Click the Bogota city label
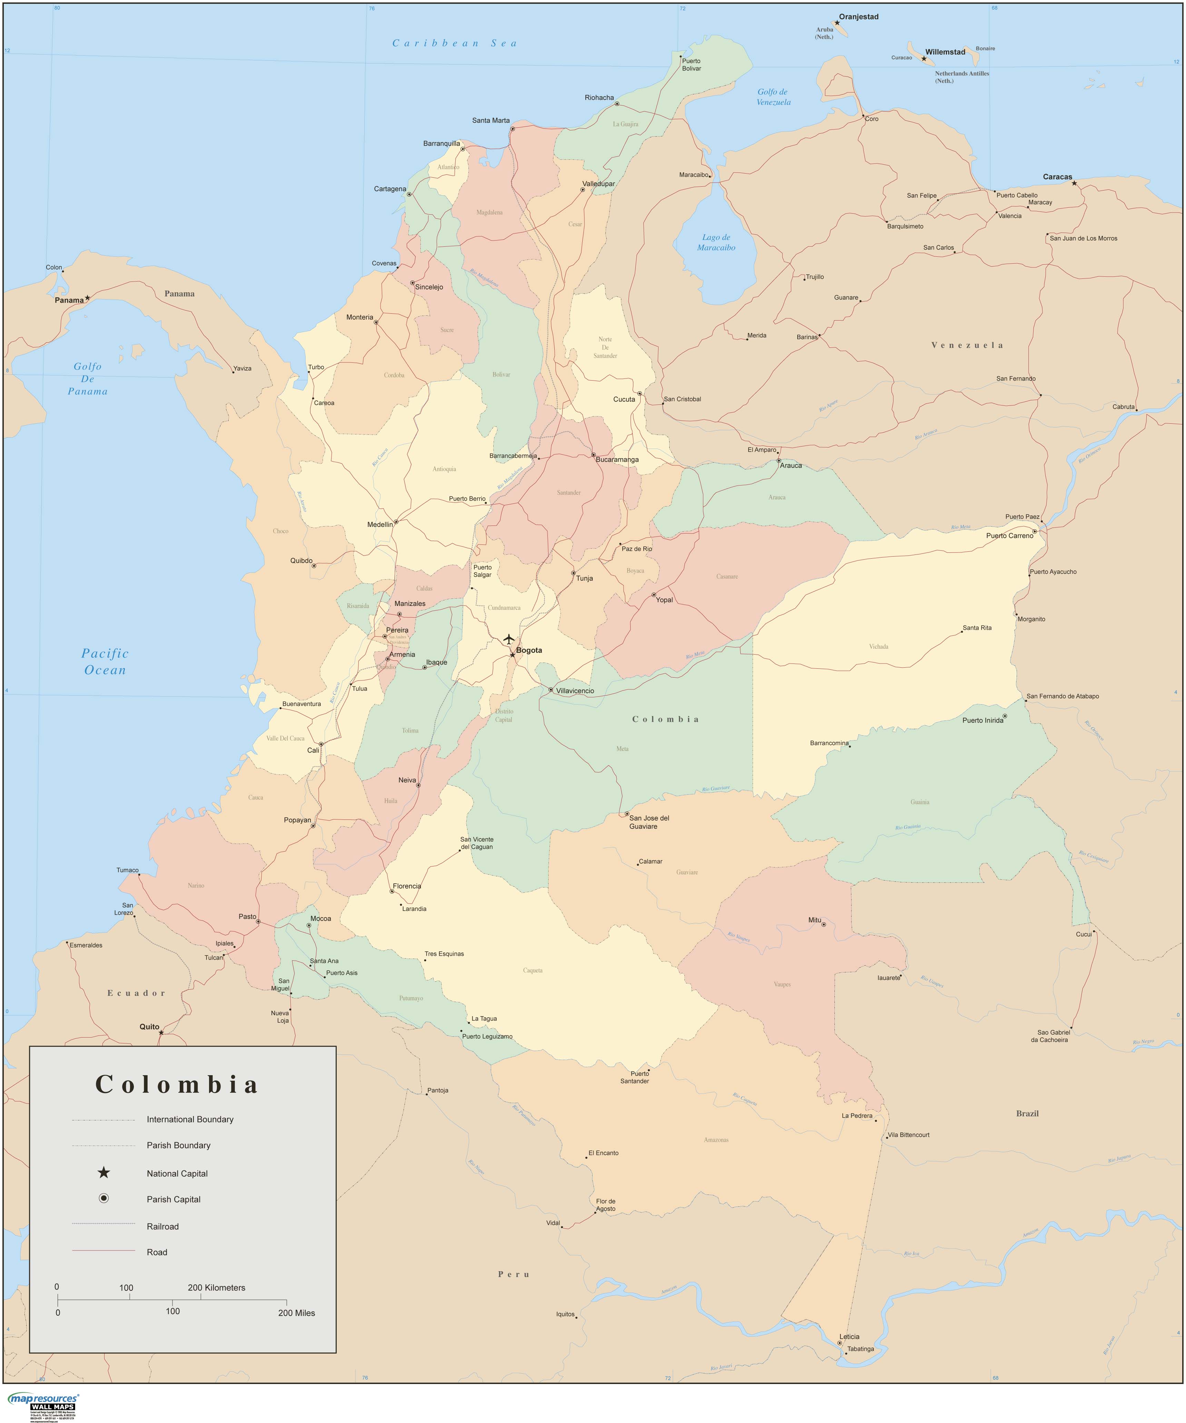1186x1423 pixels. coord(529,650)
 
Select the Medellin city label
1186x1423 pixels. coord(380,524)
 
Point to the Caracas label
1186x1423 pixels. coord(1057,177)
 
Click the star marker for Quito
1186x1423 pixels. coord(161,1033)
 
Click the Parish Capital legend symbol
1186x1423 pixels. coord(103,1199)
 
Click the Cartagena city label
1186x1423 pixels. coord(390,189)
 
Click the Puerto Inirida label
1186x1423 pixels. coord(983,720)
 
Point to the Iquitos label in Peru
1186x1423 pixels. coord(565,1315)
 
